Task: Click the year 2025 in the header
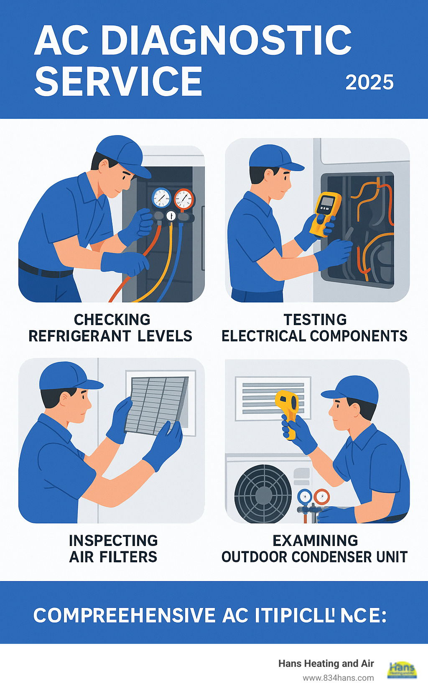(x=369, y=82)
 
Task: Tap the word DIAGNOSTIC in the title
(x=226, y=41)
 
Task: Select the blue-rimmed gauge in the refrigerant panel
(x=161, y=198)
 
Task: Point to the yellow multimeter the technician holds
(x=325, y=212)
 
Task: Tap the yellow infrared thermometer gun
(x=288, y=407)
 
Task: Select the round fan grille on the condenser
(x=263, y=494)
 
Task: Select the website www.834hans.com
(x=338, y=678)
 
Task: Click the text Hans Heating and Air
(x=326, y=664)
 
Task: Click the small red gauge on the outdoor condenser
(x=321, y=497)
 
